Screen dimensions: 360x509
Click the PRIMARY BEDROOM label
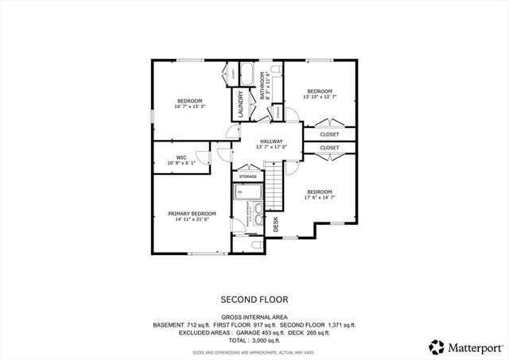tap(192, 213)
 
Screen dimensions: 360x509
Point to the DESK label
tap(276, 225)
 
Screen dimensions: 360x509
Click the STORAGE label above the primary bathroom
tap(248, 176)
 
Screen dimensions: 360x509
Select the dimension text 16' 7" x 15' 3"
tap(189, 106)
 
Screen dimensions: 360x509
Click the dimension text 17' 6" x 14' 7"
tap(319, 197)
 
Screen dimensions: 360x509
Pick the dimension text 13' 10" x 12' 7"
tap(319, 97)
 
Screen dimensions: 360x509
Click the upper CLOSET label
tap(329, 134)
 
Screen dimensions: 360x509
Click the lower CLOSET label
tap(329, 148)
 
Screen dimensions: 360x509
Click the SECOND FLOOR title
tap(254, 300)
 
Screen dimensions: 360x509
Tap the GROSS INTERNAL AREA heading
tap(254, 316)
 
